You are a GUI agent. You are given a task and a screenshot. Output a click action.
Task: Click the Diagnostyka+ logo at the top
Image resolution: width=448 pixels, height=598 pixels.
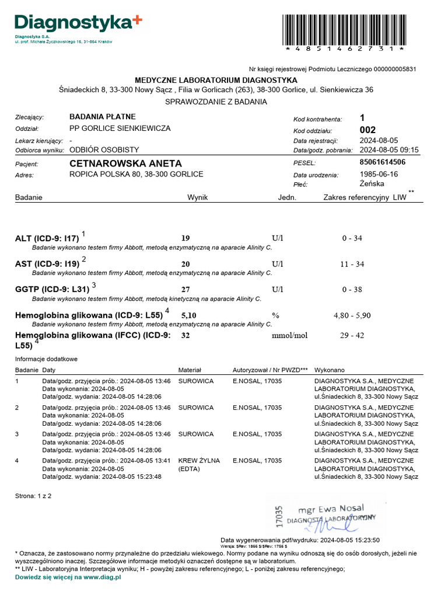pyautogui.click(x=78, y=23)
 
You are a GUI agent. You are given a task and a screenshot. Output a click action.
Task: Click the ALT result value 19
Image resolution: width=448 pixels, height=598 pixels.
pyautogui.click(x=185, y=238)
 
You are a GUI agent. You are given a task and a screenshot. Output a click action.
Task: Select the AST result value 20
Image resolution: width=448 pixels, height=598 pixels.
pyautogui.click(x=185, y=264)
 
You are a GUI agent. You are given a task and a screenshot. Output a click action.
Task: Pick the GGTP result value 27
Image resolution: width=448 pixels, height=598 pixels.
pyautogui.click(x=185, y=290)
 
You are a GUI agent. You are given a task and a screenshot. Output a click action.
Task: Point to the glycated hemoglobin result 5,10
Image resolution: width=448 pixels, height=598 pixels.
pyautogui.click(x=189, y=315)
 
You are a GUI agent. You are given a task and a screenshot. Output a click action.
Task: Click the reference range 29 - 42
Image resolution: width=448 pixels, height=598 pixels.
pyautogui.click(x=352, y=336)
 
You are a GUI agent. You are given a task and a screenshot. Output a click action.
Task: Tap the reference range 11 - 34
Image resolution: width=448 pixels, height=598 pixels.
pyautogui.click(x=352, y=264)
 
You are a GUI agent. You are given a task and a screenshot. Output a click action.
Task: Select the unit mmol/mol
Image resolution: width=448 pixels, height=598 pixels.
pyautogui.click(x=289, y=336)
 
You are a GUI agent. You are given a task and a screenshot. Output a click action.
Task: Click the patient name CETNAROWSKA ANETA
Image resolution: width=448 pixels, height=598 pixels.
pyautogui.click(x=125, y=164)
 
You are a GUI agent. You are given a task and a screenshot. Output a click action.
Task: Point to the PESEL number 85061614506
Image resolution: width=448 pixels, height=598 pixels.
pyautogui.click(x=383, y=162)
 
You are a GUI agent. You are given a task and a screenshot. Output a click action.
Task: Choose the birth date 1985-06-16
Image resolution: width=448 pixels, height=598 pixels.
pyautogui.click(x=379, y=174)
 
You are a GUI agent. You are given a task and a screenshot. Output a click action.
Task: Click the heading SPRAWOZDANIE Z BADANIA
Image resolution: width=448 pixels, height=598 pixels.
pyautogui.click(x=216, y=102)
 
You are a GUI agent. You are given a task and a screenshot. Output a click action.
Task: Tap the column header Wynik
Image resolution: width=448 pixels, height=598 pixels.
pyautogui.click(x=197, y=197)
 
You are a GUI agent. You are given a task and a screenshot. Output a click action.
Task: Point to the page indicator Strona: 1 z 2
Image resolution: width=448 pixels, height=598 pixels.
pyautogui.click(x=33, y=496)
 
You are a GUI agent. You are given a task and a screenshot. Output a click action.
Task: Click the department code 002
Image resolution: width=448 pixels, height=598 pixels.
pyautogui.click(x=368, y=130)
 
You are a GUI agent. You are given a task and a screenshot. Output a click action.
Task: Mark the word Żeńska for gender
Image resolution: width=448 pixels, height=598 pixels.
pyautogui.click(x=372, y=183)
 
